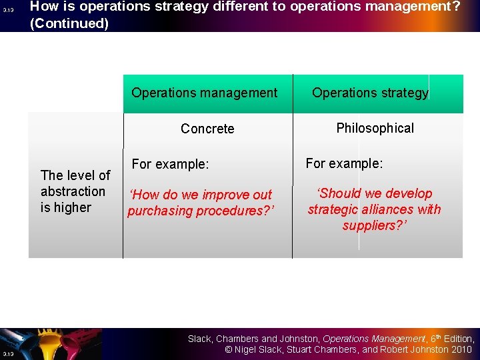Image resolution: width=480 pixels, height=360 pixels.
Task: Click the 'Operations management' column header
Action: [204, 93]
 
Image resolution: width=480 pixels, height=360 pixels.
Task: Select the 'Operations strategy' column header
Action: [370, 93]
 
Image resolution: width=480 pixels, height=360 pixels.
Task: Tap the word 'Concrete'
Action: [207, 129]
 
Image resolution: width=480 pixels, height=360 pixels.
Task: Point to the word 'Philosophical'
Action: [375, 128]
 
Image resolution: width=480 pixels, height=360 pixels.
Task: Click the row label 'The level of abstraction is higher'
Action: [75, 191]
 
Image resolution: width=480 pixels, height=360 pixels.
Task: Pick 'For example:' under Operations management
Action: [170, 164]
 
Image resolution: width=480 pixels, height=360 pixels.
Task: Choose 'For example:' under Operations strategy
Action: [344, 163]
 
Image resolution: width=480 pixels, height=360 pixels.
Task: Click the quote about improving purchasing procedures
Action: [201, 203]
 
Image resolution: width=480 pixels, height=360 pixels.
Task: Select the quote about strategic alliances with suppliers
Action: [374, 209]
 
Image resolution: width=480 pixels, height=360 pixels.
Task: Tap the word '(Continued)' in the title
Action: [69, 23]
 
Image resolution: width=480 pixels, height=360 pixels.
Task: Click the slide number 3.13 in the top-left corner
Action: [7, 11]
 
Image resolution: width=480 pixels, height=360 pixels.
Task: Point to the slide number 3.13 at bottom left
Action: [7, 353]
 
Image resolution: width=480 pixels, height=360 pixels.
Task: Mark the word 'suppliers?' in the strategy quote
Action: [374, 225]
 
